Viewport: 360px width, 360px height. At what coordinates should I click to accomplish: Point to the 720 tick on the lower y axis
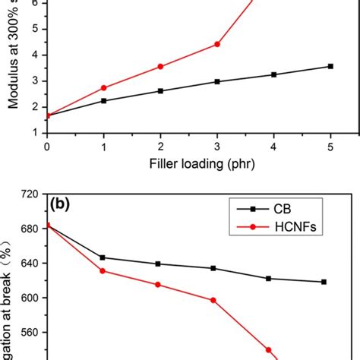(x=29, y=194)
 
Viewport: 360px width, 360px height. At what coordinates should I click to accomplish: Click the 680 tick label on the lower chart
(x=29, y=229)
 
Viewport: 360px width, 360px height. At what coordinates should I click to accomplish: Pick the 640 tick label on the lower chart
(x=29, y=264)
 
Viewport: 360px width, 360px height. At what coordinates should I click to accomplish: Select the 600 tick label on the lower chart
(x=29, y=298)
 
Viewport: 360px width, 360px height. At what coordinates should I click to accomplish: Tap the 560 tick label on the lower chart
(x=29, y=333)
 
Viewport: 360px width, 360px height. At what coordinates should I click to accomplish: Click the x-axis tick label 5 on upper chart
(x=330, y=145)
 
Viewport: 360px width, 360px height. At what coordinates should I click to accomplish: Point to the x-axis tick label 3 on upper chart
(x=217, y=145)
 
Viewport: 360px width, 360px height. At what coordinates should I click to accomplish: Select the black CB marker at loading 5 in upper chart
(x=330, y=66)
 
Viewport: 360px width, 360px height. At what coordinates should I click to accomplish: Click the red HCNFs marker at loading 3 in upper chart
(x=217, y=44)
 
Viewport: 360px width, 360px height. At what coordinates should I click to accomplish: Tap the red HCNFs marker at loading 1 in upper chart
(x=103, y=88)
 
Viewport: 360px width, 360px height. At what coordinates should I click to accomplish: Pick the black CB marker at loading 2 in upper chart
(x=160, y=90)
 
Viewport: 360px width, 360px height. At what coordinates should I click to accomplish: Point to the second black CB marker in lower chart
(x=103, y=257)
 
